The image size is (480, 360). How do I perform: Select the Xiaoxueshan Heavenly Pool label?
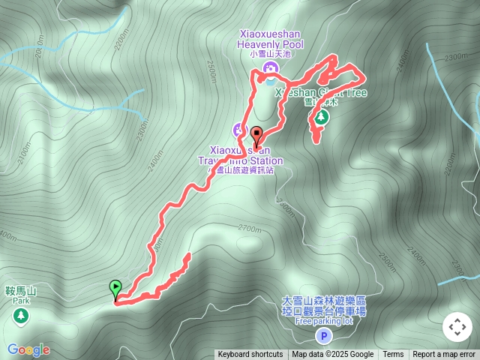[271, 39]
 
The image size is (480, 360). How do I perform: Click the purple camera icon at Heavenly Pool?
[270, 68]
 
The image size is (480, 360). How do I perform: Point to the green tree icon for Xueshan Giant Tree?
[322, 117]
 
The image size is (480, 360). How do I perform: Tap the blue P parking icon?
[323, 335]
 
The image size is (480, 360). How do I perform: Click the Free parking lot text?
[324, 321]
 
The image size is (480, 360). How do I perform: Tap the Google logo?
[28, 349]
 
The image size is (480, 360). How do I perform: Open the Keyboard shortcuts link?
[250, 355]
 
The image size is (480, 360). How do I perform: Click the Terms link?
[393, 355]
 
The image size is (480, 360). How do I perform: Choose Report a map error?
[444, 355]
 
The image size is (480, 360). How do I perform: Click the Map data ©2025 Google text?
[332, 355]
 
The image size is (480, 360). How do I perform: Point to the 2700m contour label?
[249, 227]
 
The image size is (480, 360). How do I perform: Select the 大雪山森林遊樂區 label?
[324, 300]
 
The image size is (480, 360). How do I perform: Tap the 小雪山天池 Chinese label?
[271, 54]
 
